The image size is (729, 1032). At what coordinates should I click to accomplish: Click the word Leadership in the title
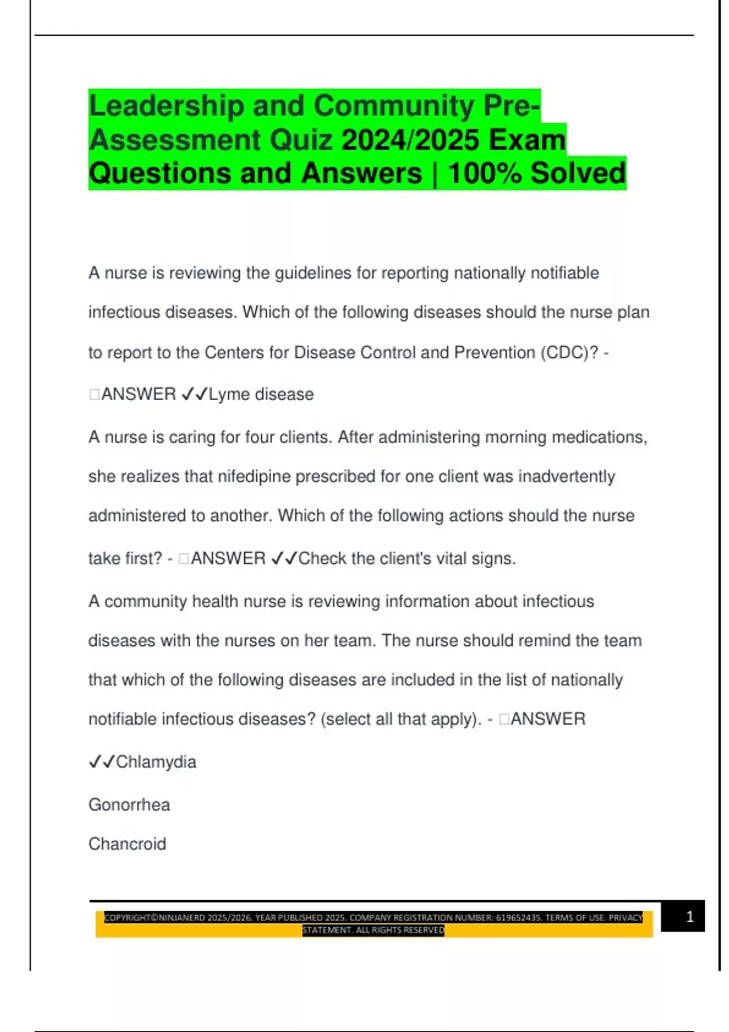165,106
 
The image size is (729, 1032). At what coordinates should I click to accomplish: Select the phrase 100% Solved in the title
536,174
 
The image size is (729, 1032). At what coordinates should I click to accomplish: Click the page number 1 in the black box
690,917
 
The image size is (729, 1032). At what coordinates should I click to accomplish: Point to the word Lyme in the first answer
229,395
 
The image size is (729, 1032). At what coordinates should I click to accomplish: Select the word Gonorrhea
129,805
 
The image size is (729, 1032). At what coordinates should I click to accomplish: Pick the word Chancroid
127,844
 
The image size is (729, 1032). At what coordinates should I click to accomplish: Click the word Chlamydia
156,762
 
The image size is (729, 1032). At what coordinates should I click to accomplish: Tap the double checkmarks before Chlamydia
101,762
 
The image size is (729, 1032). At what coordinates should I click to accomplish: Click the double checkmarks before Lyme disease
194,395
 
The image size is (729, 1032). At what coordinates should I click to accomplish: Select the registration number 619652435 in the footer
518,918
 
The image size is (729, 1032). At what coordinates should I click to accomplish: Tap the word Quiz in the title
301,140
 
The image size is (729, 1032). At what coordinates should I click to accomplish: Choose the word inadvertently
566,477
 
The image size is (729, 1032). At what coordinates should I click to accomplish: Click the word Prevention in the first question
495,353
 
